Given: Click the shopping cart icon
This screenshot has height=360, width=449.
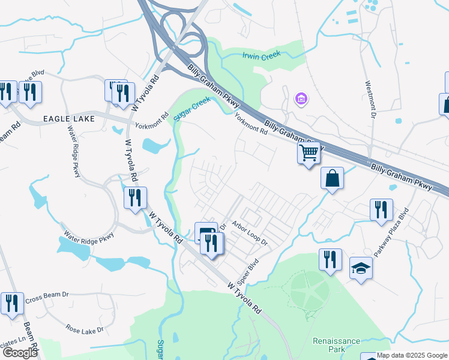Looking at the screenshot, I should [309, 153].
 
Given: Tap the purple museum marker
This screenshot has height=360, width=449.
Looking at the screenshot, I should [301, 98].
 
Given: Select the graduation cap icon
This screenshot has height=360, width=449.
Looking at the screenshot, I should [361, 268].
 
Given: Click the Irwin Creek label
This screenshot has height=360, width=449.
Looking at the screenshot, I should [262, 56].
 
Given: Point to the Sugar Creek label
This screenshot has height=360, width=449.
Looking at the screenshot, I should [192, 109].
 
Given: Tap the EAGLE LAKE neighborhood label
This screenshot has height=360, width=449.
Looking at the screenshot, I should [68, 120].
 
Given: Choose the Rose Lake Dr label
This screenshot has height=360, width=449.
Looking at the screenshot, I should [85, 329].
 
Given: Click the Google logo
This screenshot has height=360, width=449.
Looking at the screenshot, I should [20, 353].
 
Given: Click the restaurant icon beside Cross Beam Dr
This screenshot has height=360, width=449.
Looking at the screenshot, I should [12, 304].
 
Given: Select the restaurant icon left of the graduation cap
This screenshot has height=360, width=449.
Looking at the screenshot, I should [330, 259].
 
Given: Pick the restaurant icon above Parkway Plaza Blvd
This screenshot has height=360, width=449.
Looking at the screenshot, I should [381, 210].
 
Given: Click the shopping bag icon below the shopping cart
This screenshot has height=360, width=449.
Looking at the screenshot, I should [332, 178].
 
